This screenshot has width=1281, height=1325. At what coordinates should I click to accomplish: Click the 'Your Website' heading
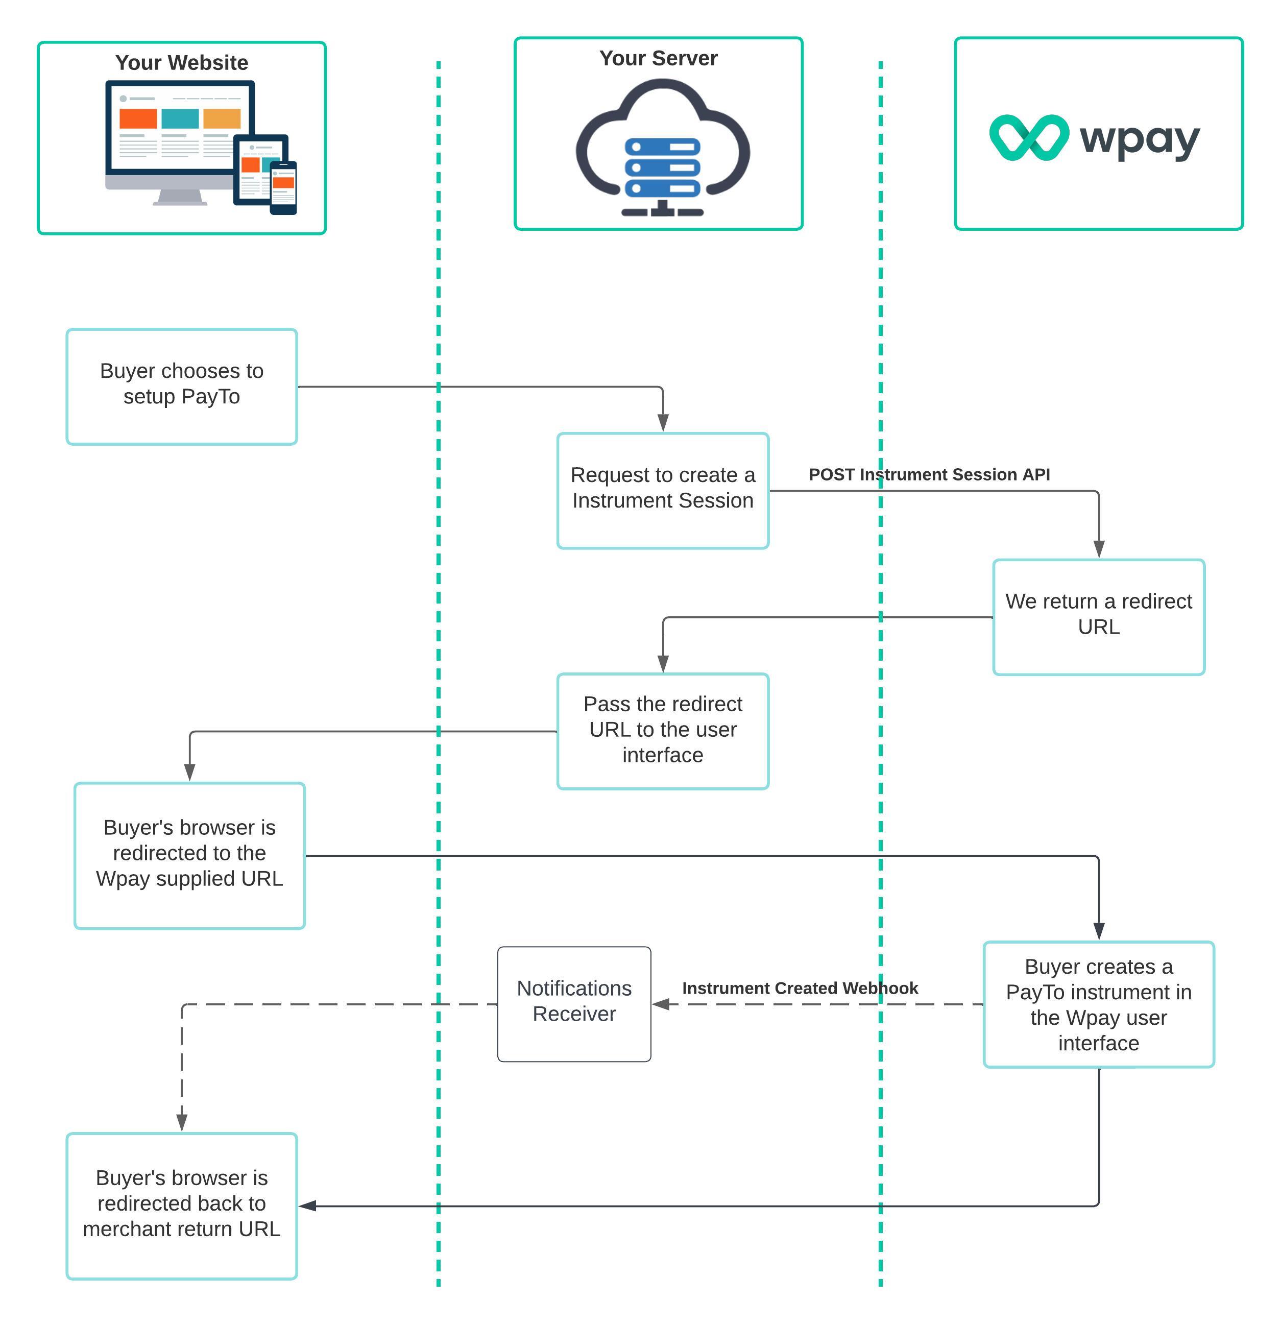(181, 63)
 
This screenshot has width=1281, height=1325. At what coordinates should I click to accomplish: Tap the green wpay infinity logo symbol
(1028, 138)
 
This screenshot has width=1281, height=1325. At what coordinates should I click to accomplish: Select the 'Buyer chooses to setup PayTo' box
(181, 387)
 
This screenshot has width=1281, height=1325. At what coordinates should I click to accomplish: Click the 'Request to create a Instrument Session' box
(663, 491)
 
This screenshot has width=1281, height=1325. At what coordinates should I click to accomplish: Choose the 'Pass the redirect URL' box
(663, 731)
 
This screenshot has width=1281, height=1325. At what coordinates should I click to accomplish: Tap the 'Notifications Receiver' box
(574, 1004)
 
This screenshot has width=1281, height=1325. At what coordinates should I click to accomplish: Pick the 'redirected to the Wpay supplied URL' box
(189, 855)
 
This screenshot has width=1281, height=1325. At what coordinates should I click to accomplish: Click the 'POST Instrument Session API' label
(929, 474)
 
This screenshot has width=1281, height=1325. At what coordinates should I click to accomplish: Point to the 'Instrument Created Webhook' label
(800, 989)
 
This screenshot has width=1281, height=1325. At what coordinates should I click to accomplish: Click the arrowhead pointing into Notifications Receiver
(661, 1004)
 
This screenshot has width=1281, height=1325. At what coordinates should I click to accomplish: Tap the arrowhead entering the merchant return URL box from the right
(307, 1206)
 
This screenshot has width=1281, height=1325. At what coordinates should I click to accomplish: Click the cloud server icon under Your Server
(663, 149)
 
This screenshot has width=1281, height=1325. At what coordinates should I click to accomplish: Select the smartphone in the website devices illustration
(283, 187)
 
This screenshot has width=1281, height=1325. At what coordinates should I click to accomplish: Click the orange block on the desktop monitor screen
(138, 118)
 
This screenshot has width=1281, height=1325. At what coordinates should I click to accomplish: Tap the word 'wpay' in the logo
(1140, 140)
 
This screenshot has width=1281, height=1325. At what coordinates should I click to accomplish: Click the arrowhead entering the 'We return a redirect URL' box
(1099, 549)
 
